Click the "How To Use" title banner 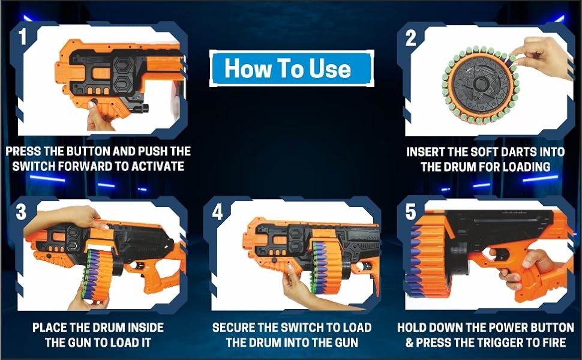(292, 68)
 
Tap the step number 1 (23, 37)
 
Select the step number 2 (410, 38)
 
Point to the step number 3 (21, 212)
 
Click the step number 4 (217, 212)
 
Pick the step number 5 (410, 212)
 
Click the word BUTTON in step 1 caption (88, 151)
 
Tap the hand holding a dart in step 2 (542, 57)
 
